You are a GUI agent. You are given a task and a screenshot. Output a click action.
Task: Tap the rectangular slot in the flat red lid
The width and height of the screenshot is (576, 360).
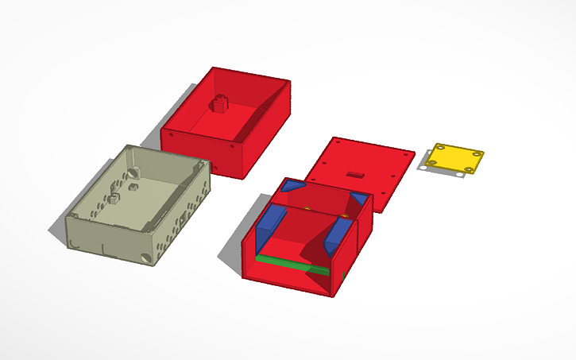(355, 172)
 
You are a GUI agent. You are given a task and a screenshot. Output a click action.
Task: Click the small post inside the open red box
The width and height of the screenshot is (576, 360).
(218, 103)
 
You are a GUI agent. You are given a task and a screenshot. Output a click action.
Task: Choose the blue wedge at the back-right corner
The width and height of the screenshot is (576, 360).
(359, 198)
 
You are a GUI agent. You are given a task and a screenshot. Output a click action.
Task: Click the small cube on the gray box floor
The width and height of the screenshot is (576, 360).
(114, 199)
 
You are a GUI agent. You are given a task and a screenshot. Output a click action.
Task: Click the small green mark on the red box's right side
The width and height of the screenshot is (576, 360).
(342, 275)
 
